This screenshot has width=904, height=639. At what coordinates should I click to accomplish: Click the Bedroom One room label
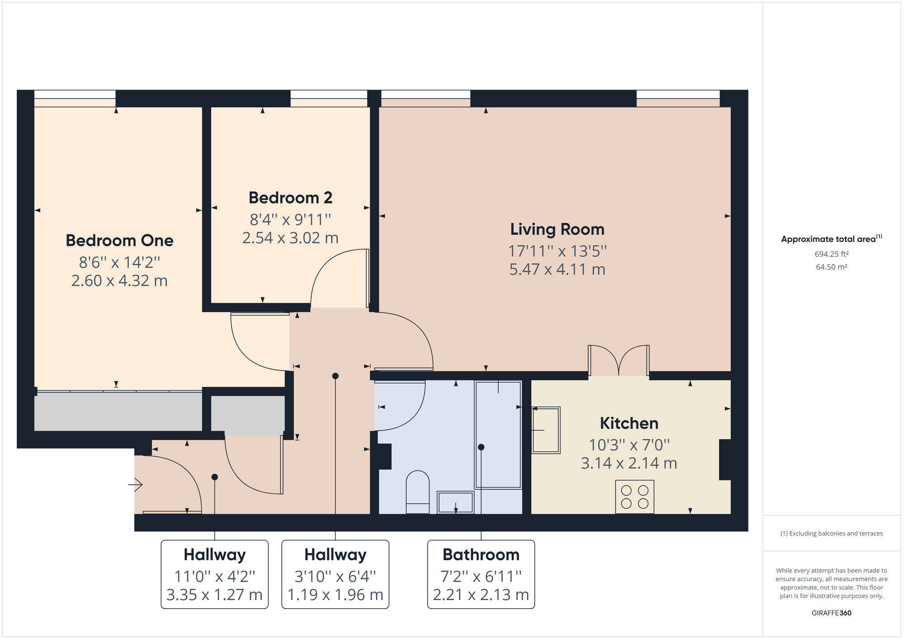(x=119, y=240)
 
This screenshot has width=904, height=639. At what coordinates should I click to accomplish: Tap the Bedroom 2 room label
(x=290, y=198)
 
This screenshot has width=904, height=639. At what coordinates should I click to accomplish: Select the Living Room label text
(x=557, y=230)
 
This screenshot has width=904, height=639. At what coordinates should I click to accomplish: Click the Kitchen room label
(x=629, y=423)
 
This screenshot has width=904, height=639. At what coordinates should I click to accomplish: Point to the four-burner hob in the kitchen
(x=635, y=497)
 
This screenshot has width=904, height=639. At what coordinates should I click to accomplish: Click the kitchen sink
(x=546, y=430)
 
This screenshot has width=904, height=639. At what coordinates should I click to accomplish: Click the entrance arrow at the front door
(x=136, y=485)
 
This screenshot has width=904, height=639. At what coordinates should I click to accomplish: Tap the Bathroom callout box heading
(x=481, y=554)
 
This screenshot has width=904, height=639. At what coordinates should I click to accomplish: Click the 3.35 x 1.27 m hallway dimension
(x=215, y=595)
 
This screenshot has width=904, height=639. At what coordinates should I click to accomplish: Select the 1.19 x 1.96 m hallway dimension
(x=335, y=595)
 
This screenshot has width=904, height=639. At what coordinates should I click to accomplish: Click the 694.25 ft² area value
(x=831, y=254)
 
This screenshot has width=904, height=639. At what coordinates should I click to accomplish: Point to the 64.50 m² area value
(x=831, y=267)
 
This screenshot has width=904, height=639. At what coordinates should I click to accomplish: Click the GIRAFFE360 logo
(x=831, y=613)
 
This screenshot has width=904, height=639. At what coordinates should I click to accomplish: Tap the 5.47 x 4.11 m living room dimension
(x=557, y=270)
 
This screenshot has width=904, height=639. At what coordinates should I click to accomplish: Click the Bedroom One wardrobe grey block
(x=118, y=411)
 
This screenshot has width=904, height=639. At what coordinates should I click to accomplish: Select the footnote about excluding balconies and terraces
(x=831, y=533)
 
